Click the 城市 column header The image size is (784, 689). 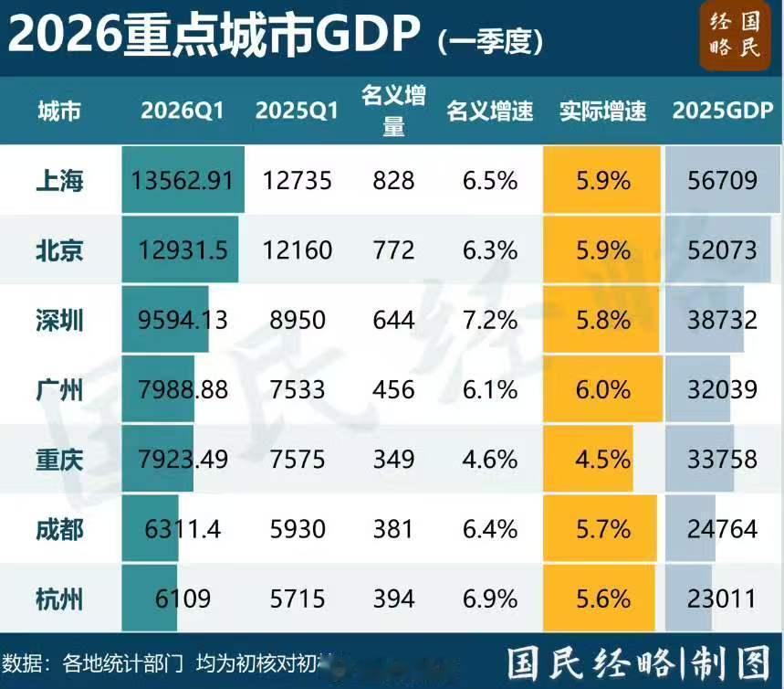[59, 111]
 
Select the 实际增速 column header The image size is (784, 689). [602, 111]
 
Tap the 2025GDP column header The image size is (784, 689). [723, 111]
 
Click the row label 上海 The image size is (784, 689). [59, 181]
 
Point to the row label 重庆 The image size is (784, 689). [59, 459]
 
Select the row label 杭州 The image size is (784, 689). [59, 599]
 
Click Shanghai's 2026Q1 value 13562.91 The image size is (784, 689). [183, 181]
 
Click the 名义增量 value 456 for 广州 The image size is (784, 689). [393, 389]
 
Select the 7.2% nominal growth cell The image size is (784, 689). [489, 320]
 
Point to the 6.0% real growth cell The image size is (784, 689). [602, 389]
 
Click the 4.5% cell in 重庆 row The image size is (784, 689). [602, 459]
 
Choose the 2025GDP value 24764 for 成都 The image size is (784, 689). [723, 529]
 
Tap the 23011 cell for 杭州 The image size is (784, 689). [723, 599]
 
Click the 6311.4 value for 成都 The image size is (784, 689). [182, 529]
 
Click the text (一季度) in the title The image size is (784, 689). [490, 39]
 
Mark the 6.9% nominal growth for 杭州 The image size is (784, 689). [489, 599]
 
